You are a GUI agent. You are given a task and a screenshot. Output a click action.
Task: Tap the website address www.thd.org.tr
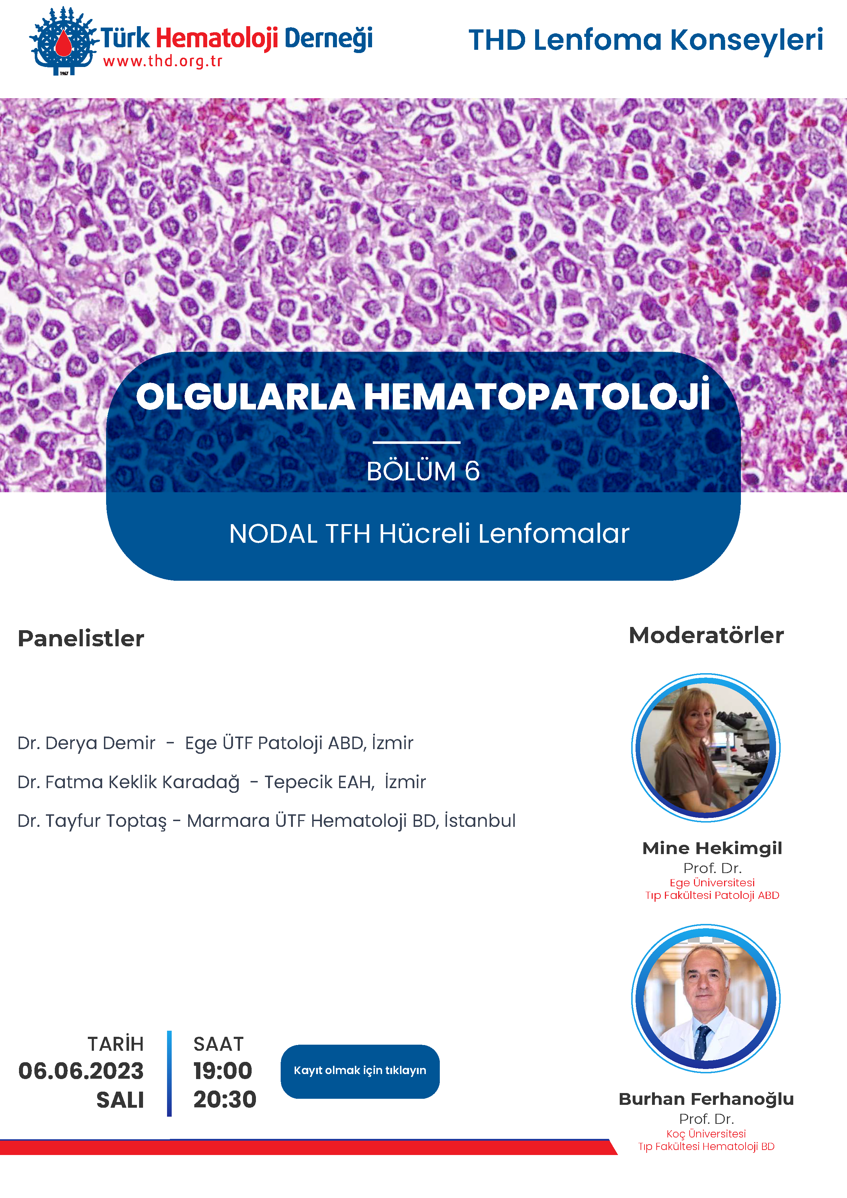163,62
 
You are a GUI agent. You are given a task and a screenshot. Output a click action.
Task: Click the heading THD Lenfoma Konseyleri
646,40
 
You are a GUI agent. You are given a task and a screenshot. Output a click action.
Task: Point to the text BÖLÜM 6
423,471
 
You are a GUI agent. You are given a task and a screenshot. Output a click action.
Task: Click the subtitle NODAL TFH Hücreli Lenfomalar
429,534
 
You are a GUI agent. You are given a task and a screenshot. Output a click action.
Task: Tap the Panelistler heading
81,638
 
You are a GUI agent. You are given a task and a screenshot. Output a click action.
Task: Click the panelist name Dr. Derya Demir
87,743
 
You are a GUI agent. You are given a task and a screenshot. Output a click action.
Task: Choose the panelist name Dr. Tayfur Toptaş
92,821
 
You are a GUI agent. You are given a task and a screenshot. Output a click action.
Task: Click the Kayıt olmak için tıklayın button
360,1071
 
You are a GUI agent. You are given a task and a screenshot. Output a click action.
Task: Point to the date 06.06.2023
81,1071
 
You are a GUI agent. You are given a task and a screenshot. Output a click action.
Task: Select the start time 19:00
223,1071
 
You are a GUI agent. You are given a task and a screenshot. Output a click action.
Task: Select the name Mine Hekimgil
712,848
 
